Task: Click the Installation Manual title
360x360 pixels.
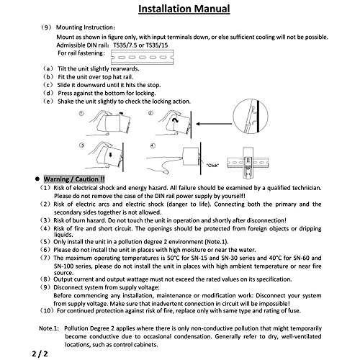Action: click(x=184, y=9)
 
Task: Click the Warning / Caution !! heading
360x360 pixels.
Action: click(x=74, y=179)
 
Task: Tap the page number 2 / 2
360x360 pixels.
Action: click(x=40, y=354)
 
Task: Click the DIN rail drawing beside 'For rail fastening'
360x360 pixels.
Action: click(x=142, y=57)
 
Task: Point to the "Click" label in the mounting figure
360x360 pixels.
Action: click(x=212, y=166)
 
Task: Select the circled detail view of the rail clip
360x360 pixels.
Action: click(x=251, y=116)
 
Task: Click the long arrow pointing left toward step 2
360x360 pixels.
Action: click(x=214, y=124)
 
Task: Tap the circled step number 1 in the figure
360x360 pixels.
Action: click(x=81, y=113)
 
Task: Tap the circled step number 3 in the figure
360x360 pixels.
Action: click(x=81, y=145)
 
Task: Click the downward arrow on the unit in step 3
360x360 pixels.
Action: click(x=110, y=155)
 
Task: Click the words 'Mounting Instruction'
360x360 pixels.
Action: click(x=84, y=27)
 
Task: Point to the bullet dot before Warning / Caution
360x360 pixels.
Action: click(x=37, y=179)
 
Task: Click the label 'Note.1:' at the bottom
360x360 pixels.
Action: click(x=49, y=328)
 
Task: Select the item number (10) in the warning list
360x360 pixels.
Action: click(x=47, y=311)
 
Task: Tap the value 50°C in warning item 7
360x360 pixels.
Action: click(x=174, y=258)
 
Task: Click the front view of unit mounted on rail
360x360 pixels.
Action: click(x=248, y=163)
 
